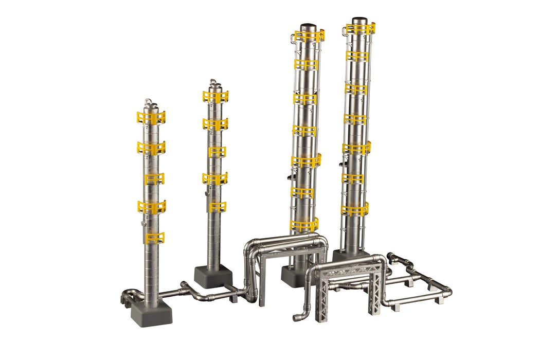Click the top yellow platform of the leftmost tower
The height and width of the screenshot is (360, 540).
click(151, 118)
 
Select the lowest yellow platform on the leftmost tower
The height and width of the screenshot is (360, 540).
click(154, 238)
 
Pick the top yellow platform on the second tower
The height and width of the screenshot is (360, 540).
click(215, 97)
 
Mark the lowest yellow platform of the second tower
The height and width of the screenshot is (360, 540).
click(217, 207)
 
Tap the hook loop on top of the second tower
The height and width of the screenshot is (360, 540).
click(213, 82)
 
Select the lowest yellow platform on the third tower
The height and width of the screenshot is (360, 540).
click(304, 225)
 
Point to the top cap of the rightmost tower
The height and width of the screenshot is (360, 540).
click(359, 21)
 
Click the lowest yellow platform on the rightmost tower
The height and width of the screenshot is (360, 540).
click(355, 210)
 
